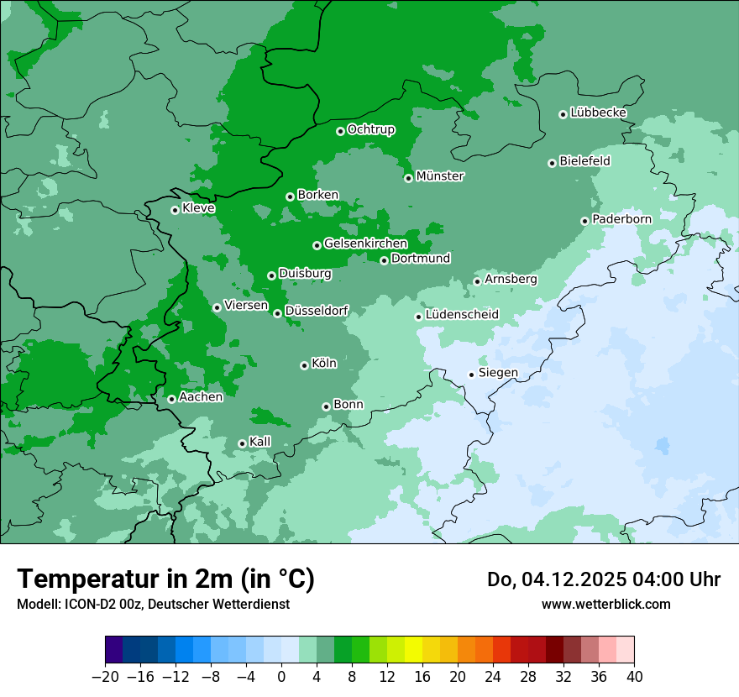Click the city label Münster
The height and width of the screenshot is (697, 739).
pos(440,176)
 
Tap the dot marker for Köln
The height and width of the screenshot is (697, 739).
pos(304,365)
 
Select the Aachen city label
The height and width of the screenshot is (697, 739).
pos(201,397)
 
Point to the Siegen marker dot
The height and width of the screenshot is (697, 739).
pos(472,375)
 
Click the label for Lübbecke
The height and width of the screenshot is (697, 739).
pos(598,113)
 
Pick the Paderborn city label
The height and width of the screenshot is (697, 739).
pos(621,219)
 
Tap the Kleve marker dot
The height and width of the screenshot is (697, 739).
pos(175,210)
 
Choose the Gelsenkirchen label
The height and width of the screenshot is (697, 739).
pos(365,244)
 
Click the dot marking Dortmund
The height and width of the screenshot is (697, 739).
pos(384,260)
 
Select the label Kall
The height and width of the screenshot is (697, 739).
pos(260,442)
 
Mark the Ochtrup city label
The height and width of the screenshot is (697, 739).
pos(371,129)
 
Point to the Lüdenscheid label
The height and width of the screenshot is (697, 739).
pos(462,315)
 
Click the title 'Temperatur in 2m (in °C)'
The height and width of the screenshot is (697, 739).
pos(165,579)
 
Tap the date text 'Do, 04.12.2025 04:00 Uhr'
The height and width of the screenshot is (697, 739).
pos(603,579)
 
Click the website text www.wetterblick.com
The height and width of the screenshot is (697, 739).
pos(605,604)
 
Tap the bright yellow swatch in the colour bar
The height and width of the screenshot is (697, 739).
pos(414,650)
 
